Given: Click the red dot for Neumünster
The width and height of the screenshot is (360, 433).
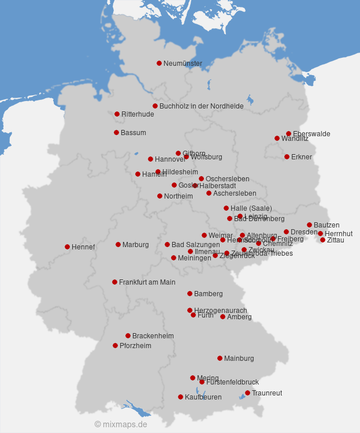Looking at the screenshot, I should pos(159,63).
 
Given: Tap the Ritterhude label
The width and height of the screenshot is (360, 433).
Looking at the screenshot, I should pos(138,114).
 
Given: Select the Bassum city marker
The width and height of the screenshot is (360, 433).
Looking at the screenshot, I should pos(116,132).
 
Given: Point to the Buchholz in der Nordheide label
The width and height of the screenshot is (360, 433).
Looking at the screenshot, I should pos(201,106).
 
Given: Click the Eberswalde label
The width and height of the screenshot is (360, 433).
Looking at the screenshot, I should pos(311,134).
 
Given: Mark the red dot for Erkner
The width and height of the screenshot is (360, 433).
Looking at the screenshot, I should pos(287,156).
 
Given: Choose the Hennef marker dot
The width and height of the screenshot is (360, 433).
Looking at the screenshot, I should pos(67,247).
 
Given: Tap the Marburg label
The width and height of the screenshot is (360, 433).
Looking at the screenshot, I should pos(135,245).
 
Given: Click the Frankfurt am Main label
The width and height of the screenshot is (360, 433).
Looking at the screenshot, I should pos(147,282).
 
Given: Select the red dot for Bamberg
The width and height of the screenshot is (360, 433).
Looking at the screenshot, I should pos(190,293).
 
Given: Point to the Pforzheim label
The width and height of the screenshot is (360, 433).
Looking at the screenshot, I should pos(135,346).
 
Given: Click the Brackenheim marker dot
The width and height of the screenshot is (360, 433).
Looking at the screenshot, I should pos(128,335).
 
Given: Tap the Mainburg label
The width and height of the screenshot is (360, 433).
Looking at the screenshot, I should pos(239,359).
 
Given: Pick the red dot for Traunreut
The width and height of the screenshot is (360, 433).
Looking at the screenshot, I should pos(247,393).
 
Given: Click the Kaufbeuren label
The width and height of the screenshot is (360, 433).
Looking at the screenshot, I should pos(203,397).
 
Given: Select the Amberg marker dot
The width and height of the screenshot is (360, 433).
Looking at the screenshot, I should pos(222,316).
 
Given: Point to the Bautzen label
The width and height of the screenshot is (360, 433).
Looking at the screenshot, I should pos(326,225).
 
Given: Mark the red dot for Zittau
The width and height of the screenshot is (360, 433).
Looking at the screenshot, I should pos(322,240).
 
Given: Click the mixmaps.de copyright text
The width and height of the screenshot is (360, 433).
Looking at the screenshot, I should pos(121,424).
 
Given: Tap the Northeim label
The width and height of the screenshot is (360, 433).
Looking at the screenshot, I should pos(178,196).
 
